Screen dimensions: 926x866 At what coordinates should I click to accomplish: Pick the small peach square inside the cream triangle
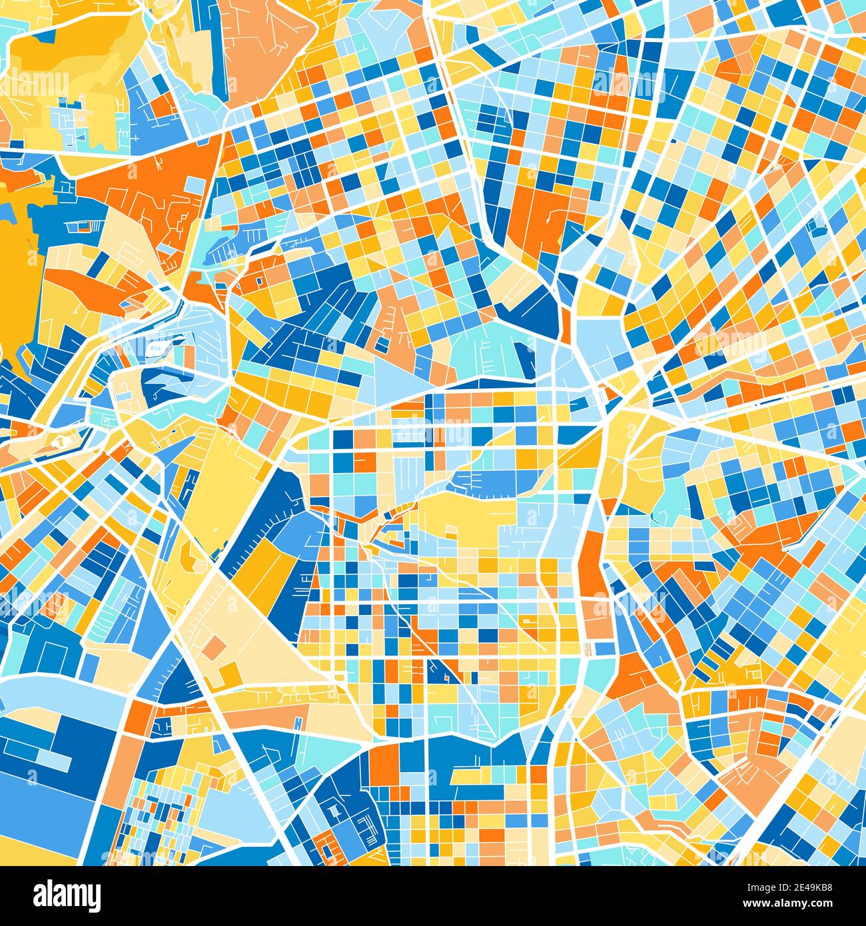(215, 646)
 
